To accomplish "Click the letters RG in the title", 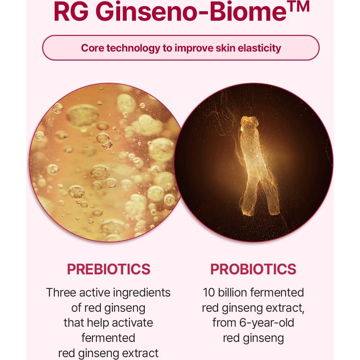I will [72, 12].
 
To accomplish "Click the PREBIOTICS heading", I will [109, 269].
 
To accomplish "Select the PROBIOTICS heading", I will [253, 269].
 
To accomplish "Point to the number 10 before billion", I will [210, 292].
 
